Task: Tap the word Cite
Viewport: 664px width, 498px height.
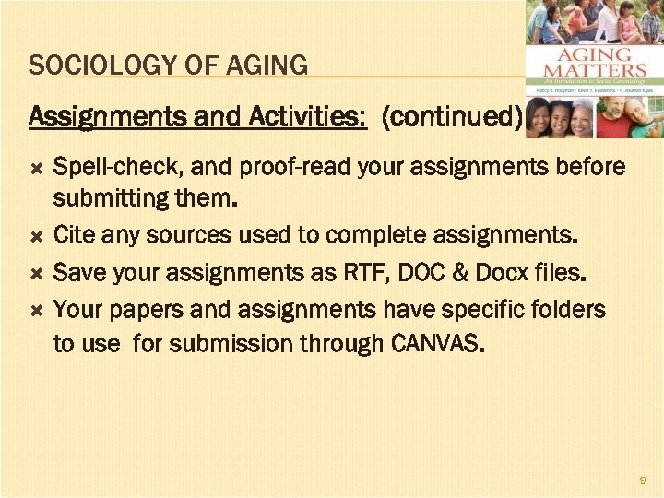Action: pos(74,236)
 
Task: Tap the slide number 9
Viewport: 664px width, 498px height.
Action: pos(643,480)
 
